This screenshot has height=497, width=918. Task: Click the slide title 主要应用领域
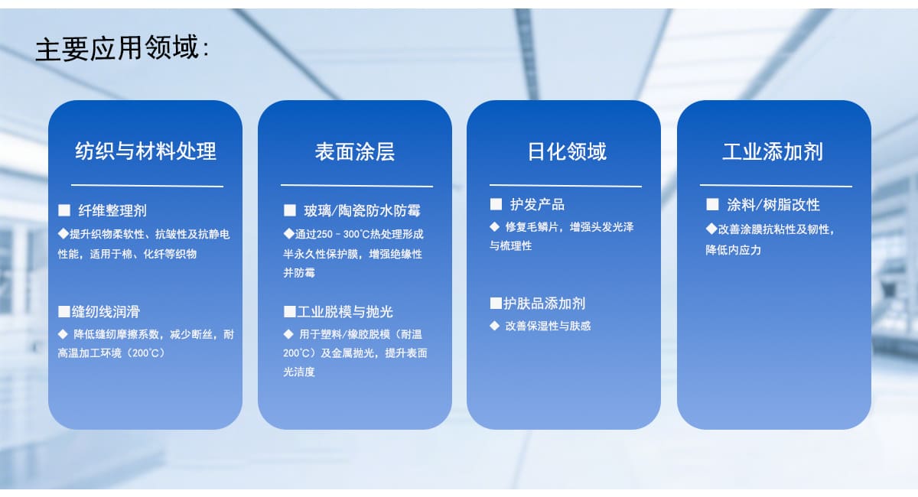pyautogui.click(x=117, y=48)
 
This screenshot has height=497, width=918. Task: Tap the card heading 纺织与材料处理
pyautogui.click(x=145, y=151)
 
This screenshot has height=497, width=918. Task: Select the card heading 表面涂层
pyautogui.click(x=355, y=151)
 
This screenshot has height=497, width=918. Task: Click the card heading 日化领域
pyautogui.click(x=567, y=151)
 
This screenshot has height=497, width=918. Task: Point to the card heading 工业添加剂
pyautogui.click(x=773, y=151)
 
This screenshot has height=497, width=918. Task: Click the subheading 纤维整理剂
pyautogui.click(x=112, y=210)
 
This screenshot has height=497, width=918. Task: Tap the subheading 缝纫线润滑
pyautogui.click(x=106, y=312)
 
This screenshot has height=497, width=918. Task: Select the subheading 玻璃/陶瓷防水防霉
pyautogui.click(x=363, y=210)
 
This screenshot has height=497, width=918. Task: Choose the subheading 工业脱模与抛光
pyautogui.click(x=345, y=312)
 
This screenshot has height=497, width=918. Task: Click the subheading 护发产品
pyautogui.click(x=537, y=204)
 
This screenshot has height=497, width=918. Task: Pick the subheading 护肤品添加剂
pyautogui.click(x=544, y=304)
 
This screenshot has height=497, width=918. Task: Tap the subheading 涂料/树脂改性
pyautogui.click(x=773, y=205)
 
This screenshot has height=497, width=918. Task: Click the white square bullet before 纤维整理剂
pyautogui.click(x=64, y=210)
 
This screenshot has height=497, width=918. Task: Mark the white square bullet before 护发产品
pyautogui.click(x=496, y=204)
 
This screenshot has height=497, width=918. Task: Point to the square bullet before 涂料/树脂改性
pyautogui.click(x=712, y=204)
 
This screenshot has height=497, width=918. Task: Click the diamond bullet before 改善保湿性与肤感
pyautogui.click(x=495, y=326)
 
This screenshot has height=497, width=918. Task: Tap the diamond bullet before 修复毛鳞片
pyautogui.click(x=495, y=226)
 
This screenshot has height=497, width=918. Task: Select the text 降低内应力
pyautogui.click(x=733, y=250)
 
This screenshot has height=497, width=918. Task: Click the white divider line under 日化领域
pyautogui.click(x=565, y=186)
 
